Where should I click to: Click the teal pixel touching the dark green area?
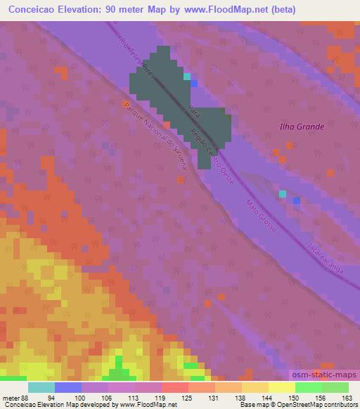click(x=187, y=75)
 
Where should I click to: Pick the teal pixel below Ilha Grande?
click(x=283, y=193)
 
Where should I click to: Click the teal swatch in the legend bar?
click(x=41, y=387)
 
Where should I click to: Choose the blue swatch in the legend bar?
click(x=68, y=387)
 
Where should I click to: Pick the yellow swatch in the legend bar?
click(x=282, y=387)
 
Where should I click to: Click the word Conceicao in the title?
click(x=33, y=9)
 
